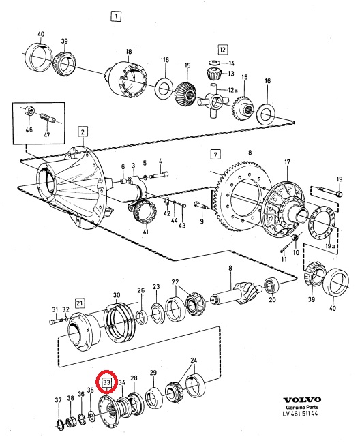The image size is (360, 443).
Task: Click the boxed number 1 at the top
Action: (116, 16)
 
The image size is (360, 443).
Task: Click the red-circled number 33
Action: (106, 382)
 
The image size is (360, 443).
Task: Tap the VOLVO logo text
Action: (302, 400)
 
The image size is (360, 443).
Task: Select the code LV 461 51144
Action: (301, 414)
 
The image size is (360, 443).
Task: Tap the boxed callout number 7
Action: (215, 155)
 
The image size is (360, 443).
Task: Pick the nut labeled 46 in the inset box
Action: (29, 110)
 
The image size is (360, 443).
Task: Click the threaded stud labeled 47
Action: (48, 117)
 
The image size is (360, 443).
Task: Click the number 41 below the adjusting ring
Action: (145, 232)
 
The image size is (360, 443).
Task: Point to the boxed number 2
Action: (82, 132)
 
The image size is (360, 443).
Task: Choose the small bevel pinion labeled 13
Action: (213, 74)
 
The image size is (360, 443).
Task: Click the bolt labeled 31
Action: (57, 321)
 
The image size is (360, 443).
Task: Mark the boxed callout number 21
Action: (80, 303)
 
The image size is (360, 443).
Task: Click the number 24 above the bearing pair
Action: (194, 361)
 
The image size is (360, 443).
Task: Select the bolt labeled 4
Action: (159, 175)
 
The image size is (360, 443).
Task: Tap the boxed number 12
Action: (223, 50)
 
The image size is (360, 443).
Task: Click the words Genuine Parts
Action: (302, 407)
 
